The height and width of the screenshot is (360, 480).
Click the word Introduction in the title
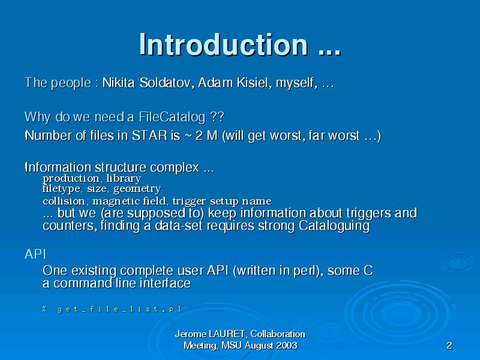[x=223, y=44]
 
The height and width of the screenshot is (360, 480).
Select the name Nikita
[x=118, y=83]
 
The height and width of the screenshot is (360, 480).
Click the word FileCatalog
[x=172, y=117]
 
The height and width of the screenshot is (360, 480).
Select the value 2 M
[x=206, y=136]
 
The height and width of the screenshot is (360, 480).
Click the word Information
[x=58, y=167]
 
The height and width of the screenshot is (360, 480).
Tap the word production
[x=71, y=179]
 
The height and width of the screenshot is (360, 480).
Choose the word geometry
[x=137, y=189]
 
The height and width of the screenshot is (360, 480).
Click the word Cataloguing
[x=334, y=226]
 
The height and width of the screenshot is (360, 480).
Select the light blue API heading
[x=35, y=254]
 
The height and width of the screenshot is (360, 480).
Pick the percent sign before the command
[x=44, y=308]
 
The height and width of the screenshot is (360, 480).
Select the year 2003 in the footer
[x=287, y=346]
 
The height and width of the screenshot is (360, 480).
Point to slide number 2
[x=449, y=346]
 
